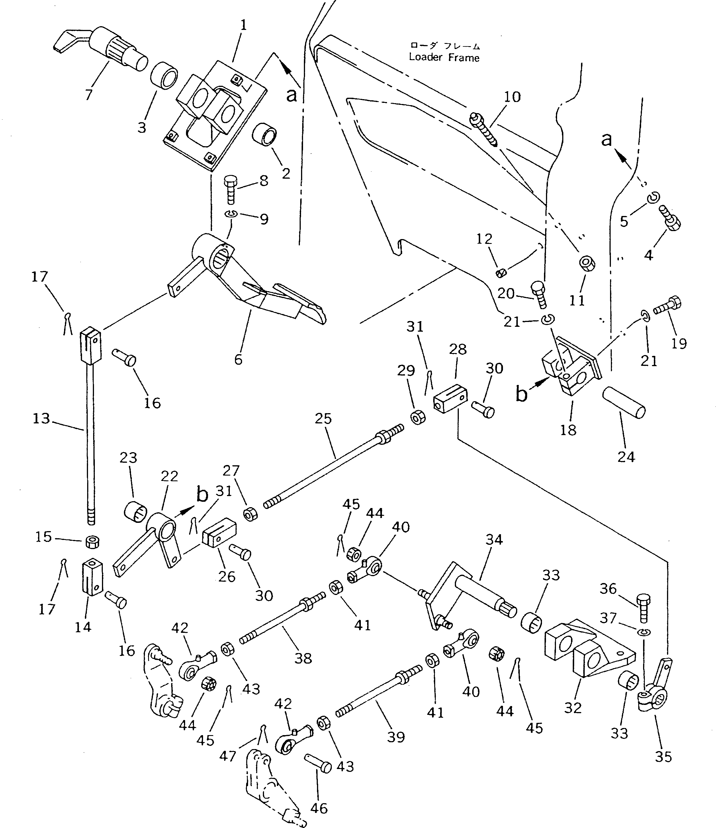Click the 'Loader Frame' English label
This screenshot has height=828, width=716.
(444, 58)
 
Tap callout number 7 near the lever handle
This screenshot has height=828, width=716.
(89, 95)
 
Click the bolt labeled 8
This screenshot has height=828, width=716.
(230, 189)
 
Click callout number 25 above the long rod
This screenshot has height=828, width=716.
(323, 419)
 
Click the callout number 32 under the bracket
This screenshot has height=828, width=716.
(572, 708)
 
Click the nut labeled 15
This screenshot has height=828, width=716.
(92, 543)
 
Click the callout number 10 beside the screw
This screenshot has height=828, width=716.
(512, 97)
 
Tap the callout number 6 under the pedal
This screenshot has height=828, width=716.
(238, 359)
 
